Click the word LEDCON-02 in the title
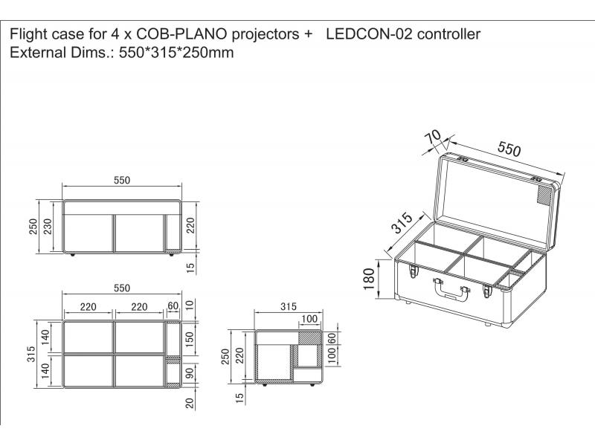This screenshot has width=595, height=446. [369, 34]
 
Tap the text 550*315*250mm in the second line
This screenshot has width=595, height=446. [176, 52]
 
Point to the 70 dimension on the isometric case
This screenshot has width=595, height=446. [433, 137]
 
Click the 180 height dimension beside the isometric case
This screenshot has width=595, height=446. [369, 279]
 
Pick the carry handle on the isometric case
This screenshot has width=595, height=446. [451, 289]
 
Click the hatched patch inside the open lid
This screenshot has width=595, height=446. [545, 196]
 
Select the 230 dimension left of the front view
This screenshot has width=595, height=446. [48, 227]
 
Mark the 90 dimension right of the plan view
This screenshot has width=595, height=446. [190, 373]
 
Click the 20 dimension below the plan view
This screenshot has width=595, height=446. [190, 403]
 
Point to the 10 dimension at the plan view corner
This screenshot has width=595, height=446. [190, 305]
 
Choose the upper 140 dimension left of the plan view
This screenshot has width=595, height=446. [45, 337]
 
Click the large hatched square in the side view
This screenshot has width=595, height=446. [308, 337]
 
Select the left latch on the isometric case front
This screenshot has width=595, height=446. [414, 271]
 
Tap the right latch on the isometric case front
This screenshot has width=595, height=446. [488, 291]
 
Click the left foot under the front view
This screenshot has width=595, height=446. [72, 255]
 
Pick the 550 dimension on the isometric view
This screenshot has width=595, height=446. [509, 149]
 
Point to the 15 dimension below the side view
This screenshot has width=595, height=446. [239, 398]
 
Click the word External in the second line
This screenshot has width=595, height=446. [38, 52]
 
